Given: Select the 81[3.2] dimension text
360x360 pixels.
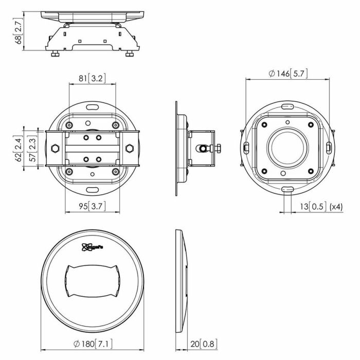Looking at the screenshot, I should click(x=92, y=79).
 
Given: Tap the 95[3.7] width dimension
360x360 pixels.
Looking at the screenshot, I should click(x=92, y=206).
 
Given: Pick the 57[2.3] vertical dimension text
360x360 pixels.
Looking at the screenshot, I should click(x=31, y=149).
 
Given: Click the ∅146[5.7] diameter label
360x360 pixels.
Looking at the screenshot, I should click(x=288, y=74).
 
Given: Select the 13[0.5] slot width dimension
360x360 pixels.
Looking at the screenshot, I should click(x=311, y=207).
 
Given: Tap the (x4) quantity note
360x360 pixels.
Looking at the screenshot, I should click(x=336, y=207).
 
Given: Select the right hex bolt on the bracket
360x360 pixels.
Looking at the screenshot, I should click(x=130, y=149).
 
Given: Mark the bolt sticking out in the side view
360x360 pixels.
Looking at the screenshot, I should click(x=217, y=149).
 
